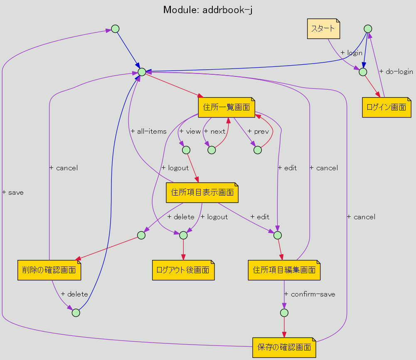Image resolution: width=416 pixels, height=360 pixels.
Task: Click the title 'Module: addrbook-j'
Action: pos(208,10)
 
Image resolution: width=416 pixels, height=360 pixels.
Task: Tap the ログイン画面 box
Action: pos(386,107)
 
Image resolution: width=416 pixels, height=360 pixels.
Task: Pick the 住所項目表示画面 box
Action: pos(202,192)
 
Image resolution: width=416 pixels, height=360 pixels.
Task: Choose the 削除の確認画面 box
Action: pos(49,270)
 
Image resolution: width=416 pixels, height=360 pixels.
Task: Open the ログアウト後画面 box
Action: pos(183,270)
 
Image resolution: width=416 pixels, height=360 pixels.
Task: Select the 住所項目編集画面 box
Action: pos(284,270)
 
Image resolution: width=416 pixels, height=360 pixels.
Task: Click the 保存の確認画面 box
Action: pos(284,348)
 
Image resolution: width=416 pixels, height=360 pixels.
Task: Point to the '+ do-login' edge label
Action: pos(396,72)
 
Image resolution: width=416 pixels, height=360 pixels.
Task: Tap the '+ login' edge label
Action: pos(351,53)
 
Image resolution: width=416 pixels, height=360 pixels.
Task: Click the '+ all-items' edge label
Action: pos(148,131)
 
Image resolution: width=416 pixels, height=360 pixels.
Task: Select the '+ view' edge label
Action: pos(190,131)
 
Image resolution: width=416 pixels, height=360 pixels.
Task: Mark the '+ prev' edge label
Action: pos(258,131)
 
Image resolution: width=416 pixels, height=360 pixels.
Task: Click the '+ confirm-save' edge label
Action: pos(310,294)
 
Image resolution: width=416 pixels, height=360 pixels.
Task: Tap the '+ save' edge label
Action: pos(13,193)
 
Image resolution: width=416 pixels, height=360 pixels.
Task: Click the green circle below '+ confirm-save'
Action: pos(284,313)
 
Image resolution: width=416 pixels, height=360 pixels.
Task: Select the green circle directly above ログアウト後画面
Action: pos(183,235)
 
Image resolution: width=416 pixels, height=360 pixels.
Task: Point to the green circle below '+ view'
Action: pos(186,150)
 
